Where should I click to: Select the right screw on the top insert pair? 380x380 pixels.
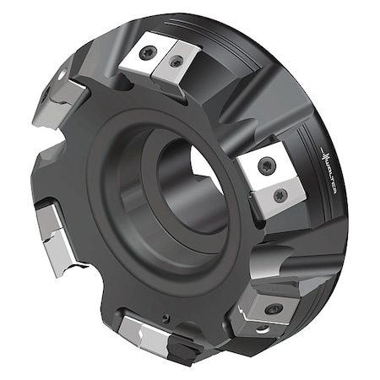point(176,61)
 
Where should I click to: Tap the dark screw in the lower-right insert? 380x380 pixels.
point(270,310)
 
